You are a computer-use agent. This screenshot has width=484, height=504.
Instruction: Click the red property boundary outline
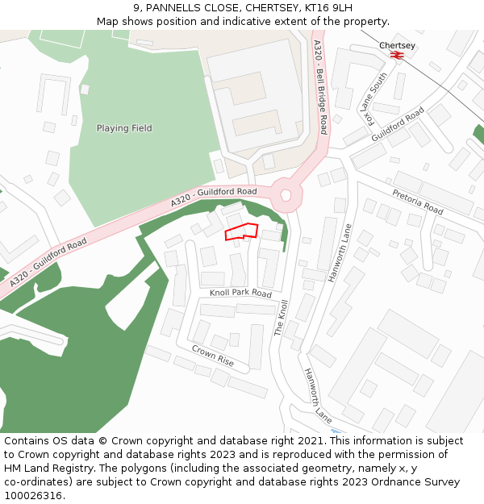241,231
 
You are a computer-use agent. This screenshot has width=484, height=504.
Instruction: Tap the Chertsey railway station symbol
396,55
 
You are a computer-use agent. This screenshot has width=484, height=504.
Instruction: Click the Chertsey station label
397,45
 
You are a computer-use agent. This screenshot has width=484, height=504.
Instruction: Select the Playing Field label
124,128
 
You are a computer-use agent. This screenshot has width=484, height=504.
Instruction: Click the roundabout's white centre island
285,194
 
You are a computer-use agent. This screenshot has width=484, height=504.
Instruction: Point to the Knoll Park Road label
240,294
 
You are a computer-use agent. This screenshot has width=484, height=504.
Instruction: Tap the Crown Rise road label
213,356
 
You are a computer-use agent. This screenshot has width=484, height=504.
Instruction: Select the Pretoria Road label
418,202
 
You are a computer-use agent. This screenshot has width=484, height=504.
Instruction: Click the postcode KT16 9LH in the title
328,8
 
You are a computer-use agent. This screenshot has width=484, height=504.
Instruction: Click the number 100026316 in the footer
33,495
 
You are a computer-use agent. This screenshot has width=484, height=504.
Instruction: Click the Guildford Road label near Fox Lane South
398,125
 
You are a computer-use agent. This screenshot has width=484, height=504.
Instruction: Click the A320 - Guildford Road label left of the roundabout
214,198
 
